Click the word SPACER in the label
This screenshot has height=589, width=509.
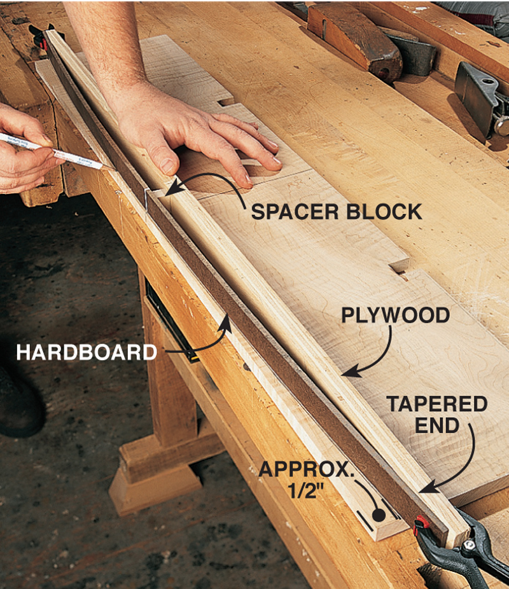click(295, 212)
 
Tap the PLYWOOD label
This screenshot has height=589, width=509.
click(395, 315)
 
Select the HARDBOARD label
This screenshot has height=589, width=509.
click(87, 352)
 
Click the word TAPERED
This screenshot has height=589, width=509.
click(437, 405)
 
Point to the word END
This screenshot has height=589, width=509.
click(437, 426)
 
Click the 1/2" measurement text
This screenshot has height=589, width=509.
click(306, 490)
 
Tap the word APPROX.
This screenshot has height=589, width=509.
click(306, 469)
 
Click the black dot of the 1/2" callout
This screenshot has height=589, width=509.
click(379, 515)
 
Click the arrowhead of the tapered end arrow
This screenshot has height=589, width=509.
click(428, 489)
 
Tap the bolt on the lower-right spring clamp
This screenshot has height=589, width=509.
click(469, 544)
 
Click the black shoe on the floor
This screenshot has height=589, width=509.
click(19, 402)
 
